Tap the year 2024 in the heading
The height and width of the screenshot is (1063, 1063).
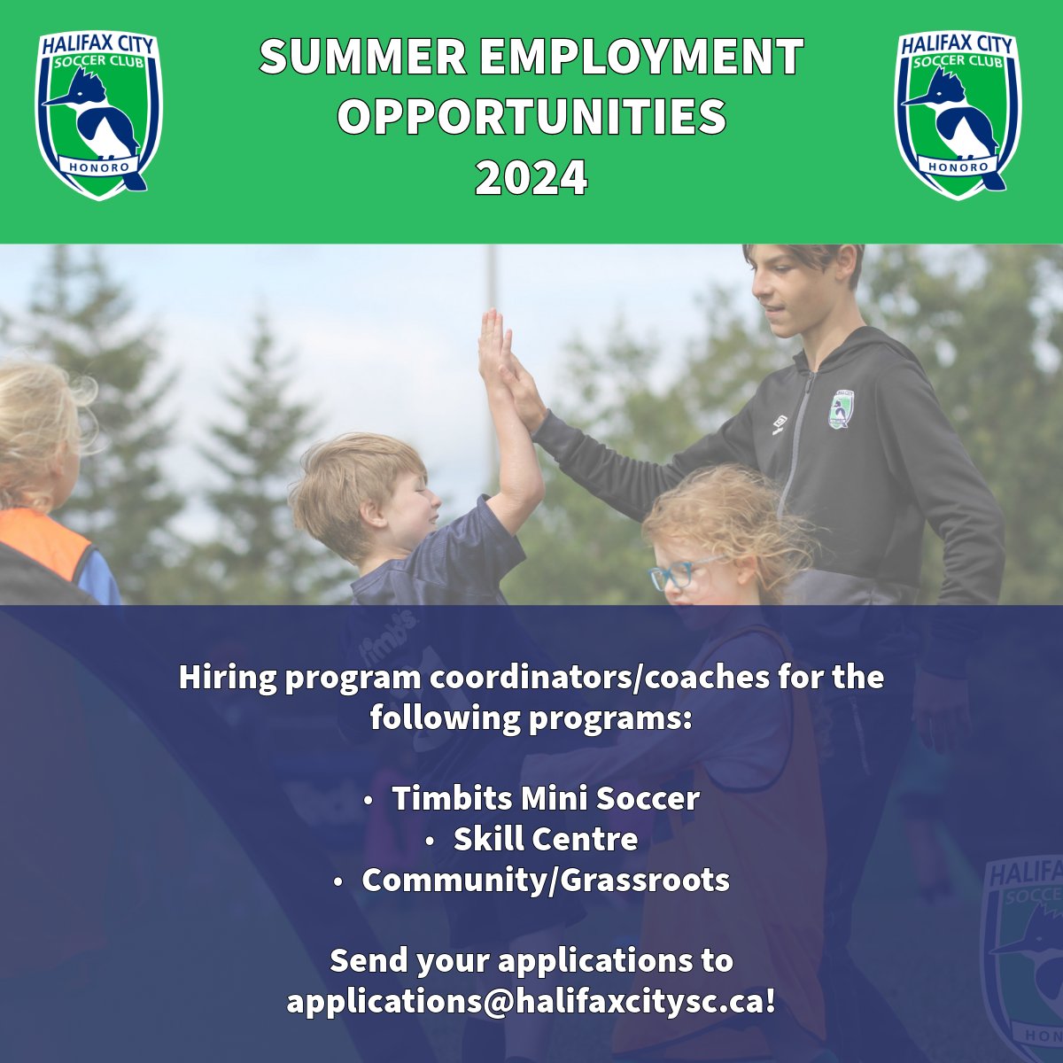pos(531,177)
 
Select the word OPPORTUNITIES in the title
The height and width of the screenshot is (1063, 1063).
pos(531,117)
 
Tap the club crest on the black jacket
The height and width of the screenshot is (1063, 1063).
pos(841,410)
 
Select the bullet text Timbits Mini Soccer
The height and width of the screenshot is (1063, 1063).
pos(545,798)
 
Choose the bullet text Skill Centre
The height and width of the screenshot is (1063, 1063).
pos(545,839)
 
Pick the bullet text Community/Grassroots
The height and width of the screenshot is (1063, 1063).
pos(545,880)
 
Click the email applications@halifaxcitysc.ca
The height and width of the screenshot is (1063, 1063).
pos(531,1002)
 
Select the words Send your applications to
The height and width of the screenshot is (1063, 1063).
pos(531,960)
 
